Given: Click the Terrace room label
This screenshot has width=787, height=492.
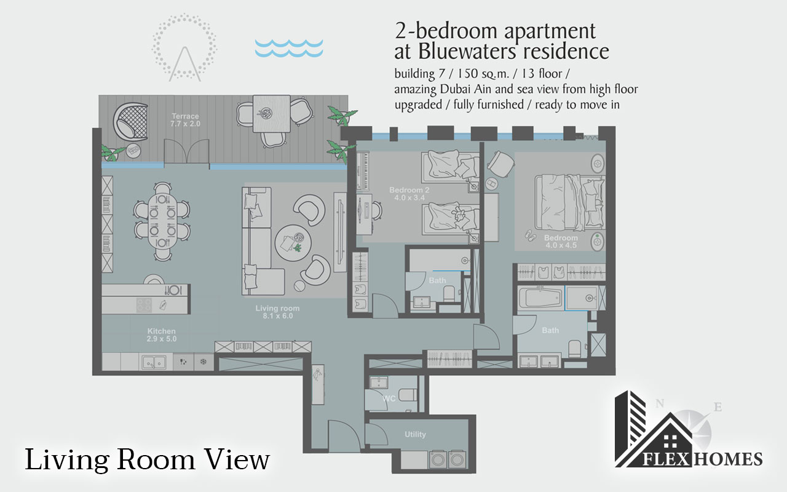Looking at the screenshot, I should (184, 120).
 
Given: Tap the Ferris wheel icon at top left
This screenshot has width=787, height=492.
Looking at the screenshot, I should (184, 48).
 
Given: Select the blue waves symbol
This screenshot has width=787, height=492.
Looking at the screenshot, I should (289, 48).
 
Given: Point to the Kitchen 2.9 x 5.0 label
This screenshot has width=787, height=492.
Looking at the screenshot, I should (161, 335).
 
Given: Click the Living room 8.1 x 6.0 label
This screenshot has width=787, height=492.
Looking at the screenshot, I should (278, 312).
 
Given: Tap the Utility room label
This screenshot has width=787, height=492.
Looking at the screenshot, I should (415, 434).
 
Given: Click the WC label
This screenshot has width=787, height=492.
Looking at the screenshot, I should (389, 399).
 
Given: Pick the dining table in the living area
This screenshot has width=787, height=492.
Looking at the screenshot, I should (162, 220).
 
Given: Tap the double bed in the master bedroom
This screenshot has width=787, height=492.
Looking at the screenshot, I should (566, 202).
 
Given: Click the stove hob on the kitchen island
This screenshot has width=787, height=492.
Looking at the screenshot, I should (143, 304).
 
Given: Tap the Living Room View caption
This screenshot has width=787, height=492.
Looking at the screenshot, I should (148, 459).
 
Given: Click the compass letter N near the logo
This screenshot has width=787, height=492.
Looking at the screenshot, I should (659, 403).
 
